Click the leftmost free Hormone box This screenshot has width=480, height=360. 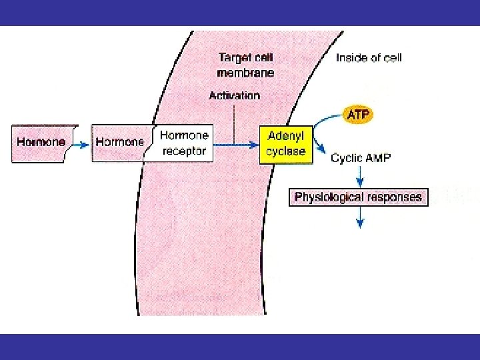pos(41,143)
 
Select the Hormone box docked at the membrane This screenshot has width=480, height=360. pos(120,143)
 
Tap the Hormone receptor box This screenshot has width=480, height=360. pos(184,143)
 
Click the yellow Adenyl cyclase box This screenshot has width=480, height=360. pos(286,144)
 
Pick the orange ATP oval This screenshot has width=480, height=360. pos(358,115)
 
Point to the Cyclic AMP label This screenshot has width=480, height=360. pos(361,159)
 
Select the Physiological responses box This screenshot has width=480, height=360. pos(358,197)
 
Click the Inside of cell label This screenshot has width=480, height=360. pos(369,57)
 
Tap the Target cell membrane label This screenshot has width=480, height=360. pos(245,65)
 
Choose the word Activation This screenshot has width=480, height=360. pos(234,95)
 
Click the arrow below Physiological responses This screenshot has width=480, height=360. pos(360,217)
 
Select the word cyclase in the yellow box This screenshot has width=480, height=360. pos(286,151)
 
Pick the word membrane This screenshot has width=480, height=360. pos(245,72)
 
